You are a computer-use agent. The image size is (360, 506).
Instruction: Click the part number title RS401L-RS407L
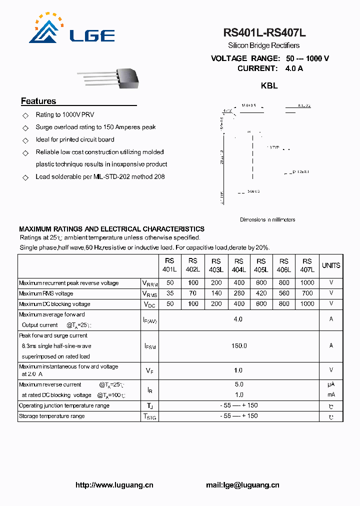point(264,33)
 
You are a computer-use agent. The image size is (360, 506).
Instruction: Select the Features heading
point(38,101)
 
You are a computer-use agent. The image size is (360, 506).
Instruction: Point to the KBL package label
point(269,85)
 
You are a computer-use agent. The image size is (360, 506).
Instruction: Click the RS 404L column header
point(239,265)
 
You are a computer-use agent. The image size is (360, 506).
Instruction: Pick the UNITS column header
point(331,265)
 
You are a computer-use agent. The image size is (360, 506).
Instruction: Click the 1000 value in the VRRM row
point(307,283)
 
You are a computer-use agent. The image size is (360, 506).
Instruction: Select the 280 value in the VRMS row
point(239,293)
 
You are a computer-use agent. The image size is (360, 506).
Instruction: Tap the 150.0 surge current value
point(238,345)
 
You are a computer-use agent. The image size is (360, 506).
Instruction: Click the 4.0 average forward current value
point(238,319)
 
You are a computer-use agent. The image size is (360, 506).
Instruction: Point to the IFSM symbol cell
point(150,346)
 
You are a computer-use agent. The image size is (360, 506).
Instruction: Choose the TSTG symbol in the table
point(150,416)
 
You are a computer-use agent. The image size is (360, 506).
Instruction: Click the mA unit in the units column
point(331,395)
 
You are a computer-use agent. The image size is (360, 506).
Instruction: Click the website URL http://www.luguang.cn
point(114,484)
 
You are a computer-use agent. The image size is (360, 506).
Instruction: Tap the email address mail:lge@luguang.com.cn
point(242,484)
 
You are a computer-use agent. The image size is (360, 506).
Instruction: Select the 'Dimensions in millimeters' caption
point(267,219)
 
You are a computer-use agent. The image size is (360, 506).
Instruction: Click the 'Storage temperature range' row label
point(52,416)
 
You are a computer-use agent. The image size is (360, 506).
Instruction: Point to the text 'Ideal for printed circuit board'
point(75,139)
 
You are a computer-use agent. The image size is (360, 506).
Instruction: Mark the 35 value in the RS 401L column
point(170,293)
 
